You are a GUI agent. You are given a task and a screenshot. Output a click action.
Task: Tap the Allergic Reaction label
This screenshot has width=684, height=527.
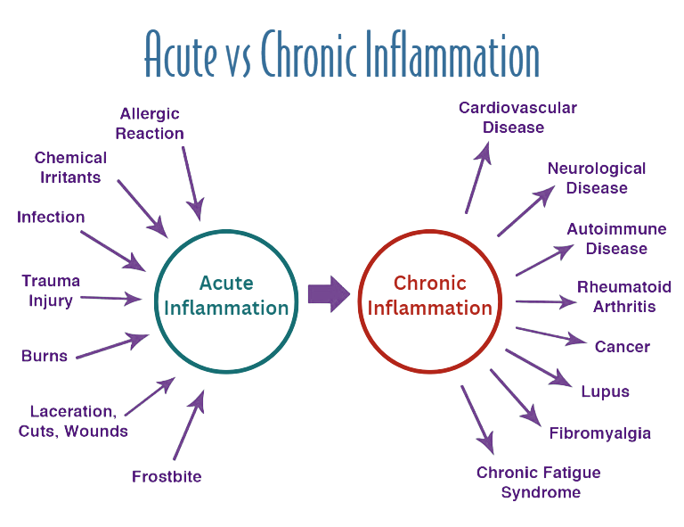click(x=150, y=123)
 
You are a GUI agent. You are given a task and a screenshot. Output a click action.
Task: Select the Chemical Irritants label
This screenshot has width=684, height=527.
click(x=70, y=167)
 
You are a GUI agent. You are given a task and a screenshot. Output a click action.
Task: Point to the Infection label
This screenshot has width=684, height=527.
click(x=51, y=218)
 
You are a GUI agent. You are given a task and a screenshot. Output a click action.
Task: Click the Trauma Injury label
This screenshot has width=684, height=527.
click(x=51, y=291)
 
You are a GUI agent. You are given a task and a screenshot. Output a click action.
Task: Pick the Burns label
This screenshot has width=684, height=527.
click(x=45, y=356)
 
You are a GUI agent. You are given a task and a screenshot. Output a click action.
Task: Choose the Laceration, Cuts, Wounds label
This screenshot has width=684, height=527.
click(x=72, y=421)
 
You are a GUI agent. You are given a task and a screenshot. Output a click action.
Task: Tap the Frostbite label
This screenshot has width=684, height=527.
click(x=167, y=476)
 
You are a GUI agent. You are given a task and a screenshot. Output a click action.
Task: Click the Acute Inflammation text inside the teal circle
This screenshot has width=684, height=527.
click(x=226, y=296)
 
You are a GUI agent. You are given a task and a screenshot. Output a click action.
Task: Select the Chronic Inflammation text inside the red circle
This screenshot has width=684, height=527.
click(x=430, y=296)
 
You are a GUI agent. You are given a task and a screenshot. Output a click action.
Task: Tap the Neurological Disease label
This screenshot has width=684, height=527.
click(x=597, y=177)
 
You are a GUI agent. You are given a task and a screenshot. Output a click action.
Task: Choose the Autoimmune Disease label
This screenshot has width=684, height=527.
click(x=616, y=238)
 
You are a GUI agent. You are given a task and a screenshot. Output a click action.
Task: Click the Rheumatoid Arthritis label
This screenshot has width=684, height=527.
click(x=623, y=296)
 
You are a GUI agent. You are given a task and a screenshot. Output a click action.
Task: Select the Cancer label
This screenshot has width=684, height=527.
click(x=623, y=346)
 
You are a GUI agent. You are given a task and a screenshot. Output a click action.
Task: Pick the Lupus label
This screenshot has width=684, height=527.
click(x=605, y=391)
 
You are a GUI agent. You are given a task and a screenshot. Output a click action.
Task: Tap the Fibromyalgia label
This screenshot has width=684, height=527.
click(x=600, y=433)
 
